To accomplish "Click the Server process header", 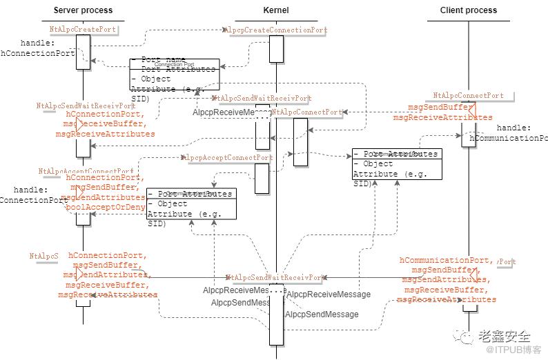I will click(83, 10).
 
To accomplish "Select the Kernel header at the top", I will click(276, 10).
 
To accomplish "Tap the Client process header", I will click(469, 10).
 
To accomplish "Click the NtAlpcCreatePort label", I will click(83, 30).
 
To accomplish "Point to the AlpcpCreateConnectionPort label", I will click(276, 30).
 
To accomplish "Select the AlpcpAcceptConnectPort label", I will click(228, 158).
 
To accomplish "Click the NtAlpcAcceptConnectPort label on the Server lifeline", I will click(86, 171).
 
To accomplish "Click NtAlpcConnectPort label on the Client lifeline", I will click(469, 95).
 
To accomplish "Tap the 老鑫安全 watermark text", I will click(507, 337).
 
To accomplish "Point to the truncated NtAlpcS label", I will click(43, 256).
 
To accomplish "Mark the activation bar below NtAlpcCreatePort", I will click(83, 48).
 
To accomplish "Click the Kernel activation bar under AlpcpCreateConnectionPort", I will click(276, 48).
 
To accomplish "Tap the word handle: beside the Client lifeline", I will click(513, 128).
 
